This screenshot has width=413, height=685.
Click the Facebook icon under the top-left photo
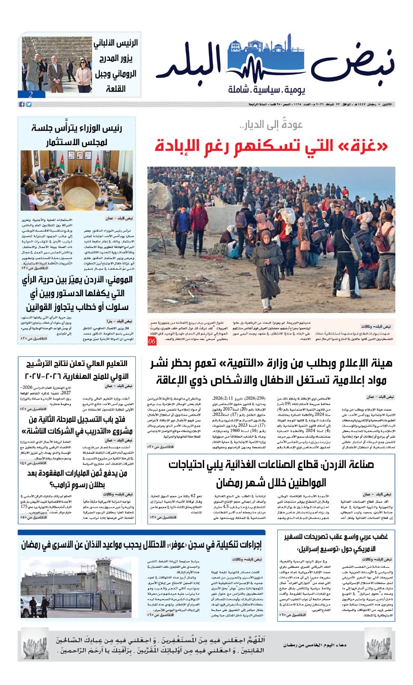click(22, 104)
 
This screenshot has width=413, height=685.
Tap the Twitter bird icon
click(29, 104)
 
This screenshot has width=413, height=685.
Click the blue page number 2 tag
click(30, 95)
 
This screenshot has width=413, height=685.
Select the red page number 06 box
click(152, 341)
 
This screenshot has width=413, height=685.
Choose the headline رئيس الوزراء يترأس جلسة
click(77, 128)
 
